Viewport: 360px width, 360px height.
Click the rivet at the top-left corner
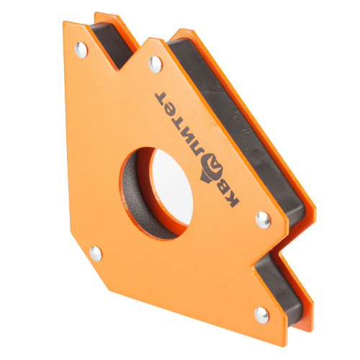[81, 50]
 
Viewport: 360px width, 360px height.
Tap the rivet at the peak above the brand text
[156, 64]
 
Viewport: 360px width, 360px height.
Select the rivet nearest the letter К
[263, 220]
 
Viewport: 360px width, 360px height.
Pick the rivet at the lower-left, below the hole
[96, 253]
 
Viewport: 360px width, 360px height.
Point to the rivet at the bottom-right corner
[261, 315]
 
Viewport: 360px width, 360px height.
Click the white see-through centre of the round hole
[171, 186]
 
